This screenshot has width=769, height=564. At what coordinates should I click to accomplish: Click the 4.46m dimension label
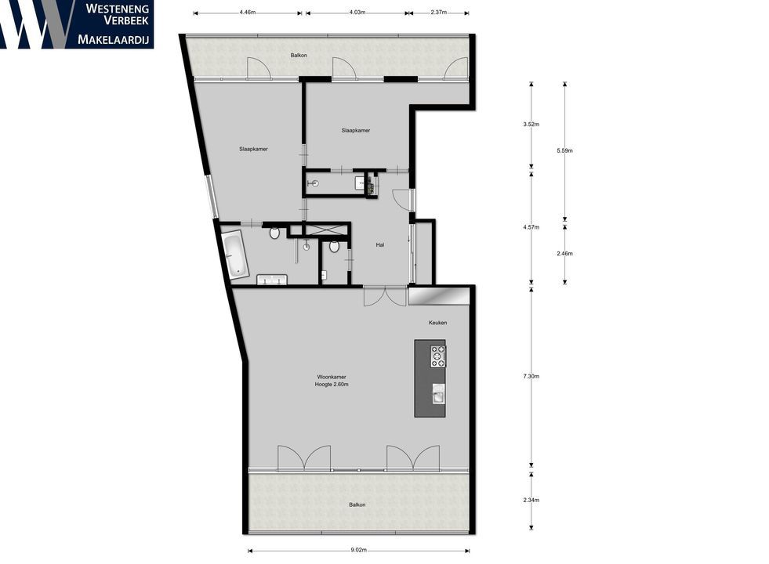[247, 12]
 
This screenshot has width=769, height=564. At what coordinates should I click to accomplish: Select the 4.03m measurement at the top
[357, 12]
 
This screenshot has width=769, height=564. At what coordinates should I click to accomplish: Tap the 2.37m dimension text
[439, 12]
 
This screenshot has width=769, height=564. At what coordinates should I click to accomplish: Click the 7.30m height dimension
[532, 376]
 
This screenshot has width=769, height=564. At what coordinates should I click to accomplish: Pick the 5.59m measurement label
[565, 150]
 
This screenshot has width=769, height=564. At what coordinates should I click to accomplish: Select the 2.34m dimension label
[532, 500]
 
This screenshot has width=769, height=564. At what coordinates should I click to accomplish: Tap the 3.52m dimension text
[532, 124]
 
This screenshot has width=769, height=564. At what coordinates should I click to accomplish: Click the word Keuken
[437, 323]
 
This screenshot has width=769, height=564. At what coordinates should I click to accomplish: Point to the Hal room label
[379, 244]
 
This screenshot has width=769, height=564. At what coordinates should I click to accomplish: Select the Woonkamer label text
[331, 377]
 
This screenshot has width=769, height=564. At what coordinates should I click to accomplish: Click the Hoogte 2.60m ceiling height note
[331, 385]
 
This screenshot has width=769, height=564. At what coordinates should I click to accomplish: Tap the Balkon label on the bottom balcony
[357, 504]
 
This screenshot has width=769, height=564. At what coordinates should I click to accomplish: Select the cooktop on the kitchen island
[437, 356]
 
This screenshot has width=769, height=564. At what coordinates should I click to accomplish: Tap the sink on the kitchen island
[437, 392]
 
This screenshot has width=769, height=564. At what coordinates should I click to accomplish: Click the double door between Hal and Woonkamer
[385, 296]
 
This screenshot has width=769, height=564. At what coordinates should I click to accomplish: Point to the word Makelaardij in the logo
[114, 39]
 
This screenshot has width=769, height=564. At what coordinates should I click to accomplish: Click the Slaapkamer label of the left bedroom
[253, 149]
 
